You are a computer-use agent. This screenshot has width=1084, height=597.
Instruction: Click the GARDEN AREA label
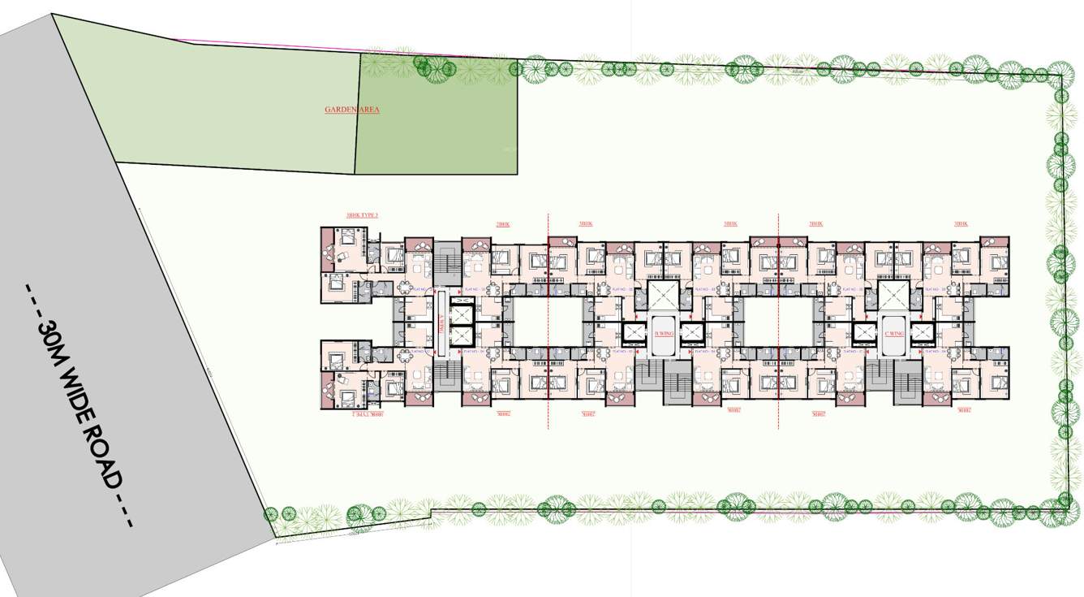click(351, 110)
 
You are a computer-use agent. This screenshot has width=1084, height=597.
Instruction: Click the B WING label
click(664, 334)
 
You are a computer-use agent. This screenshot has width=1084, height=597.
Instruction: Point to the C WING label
click(895, 334)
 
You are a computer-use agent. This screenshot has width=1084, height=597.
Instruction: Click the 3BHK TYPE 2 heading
click(362, 216)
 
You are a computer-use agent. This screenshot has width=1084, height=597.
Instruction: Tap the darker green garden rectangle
click(438, 114)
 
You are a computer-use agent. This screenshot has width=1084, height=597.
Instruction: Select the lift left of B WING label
click(634, 333)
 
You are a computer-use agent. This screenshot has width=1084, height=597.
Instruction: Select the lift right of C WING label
click(924, 333)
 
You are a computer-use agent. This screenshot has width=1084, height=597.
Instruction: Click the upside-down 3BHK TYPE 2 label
click(362, 414)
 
